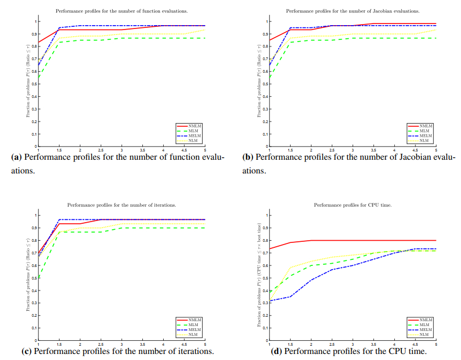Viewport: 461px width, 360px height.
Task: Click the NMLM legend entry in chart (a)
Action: [x=194, y=126]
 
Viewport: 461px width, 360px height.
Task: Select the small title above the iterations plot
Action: [x=122, y=205]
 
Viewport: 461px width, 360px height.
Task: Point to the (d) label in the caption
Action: [x=277, y=351]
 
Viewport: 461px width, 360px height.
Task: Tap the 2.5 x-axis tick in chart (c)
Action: [x=101, y=344]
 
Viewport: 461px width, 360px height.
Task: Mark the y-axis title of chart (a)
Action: [x=28, y=84]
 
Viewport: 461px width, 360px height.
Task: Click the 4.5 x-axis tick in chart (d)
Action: [x=415, y=344]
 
